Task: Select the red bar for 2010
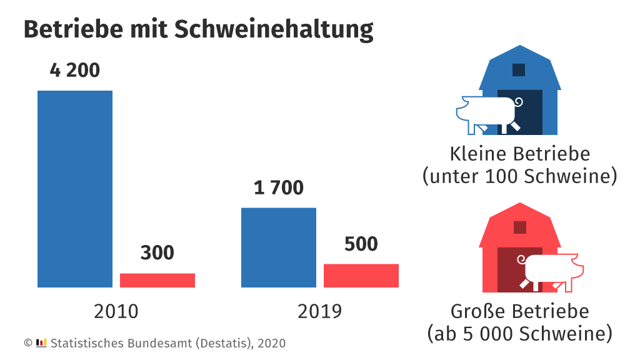(157, 281)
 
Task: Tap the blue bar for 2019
(279, 247)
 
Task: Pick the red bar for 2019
(361, 276)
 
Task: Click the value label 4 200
(75, 71)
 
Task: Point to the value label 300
(157, 253)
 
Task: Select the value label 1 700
(279, 187)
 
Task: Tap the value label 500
(361, 244)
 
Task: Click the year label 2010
(116, 311)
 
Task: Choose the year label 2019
(320, 311)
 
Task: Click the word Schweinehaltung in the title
(274, 29)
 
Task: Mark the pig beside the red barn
(552, 270)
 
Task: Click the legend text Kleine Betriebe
(519, 154)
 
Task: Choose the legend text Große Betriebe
(519, 311)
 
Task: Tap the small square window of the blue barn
(519, 70)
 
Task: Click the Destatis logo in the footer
(42, 342)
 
